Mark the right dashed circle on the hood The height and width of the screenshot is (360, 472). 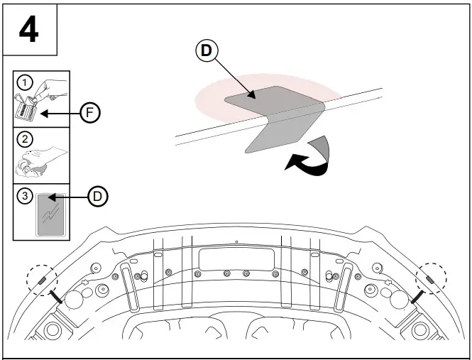click(432, 278)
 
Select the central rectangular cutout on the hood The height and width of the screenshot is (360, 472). click(236, 258)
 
